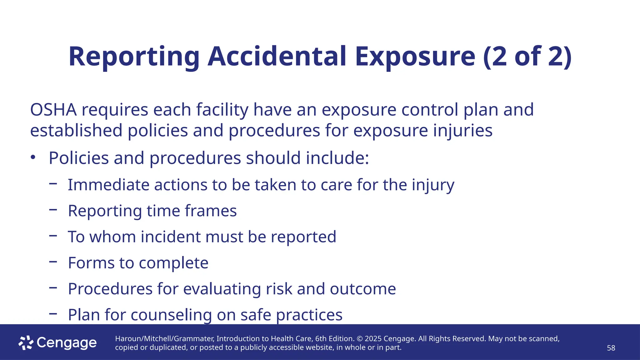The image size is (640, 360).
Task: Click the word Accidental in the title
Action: [277, 57]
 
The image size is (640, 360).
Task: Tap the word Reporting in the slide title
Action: [134, 57]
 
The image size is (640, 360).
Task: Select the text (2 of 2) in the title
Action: [527, 57]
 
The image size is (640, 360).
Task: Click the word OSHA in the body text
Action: [53, 110]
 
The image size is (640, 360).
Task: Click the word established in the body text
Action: [76, 130]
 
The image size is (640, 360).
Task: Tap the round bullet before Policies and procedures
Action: [33, 157]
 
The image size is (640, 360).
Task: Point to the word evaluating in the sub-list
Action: [222, 289]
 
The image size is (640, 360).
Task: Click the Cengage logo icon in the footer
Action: [26, 343]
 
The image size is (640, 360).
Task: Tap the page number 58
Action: [611, 348]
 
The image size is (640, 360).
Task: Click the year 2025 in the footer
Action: [373, 339]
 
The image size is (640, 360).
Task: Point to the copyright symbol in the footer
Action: [359, 339]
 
